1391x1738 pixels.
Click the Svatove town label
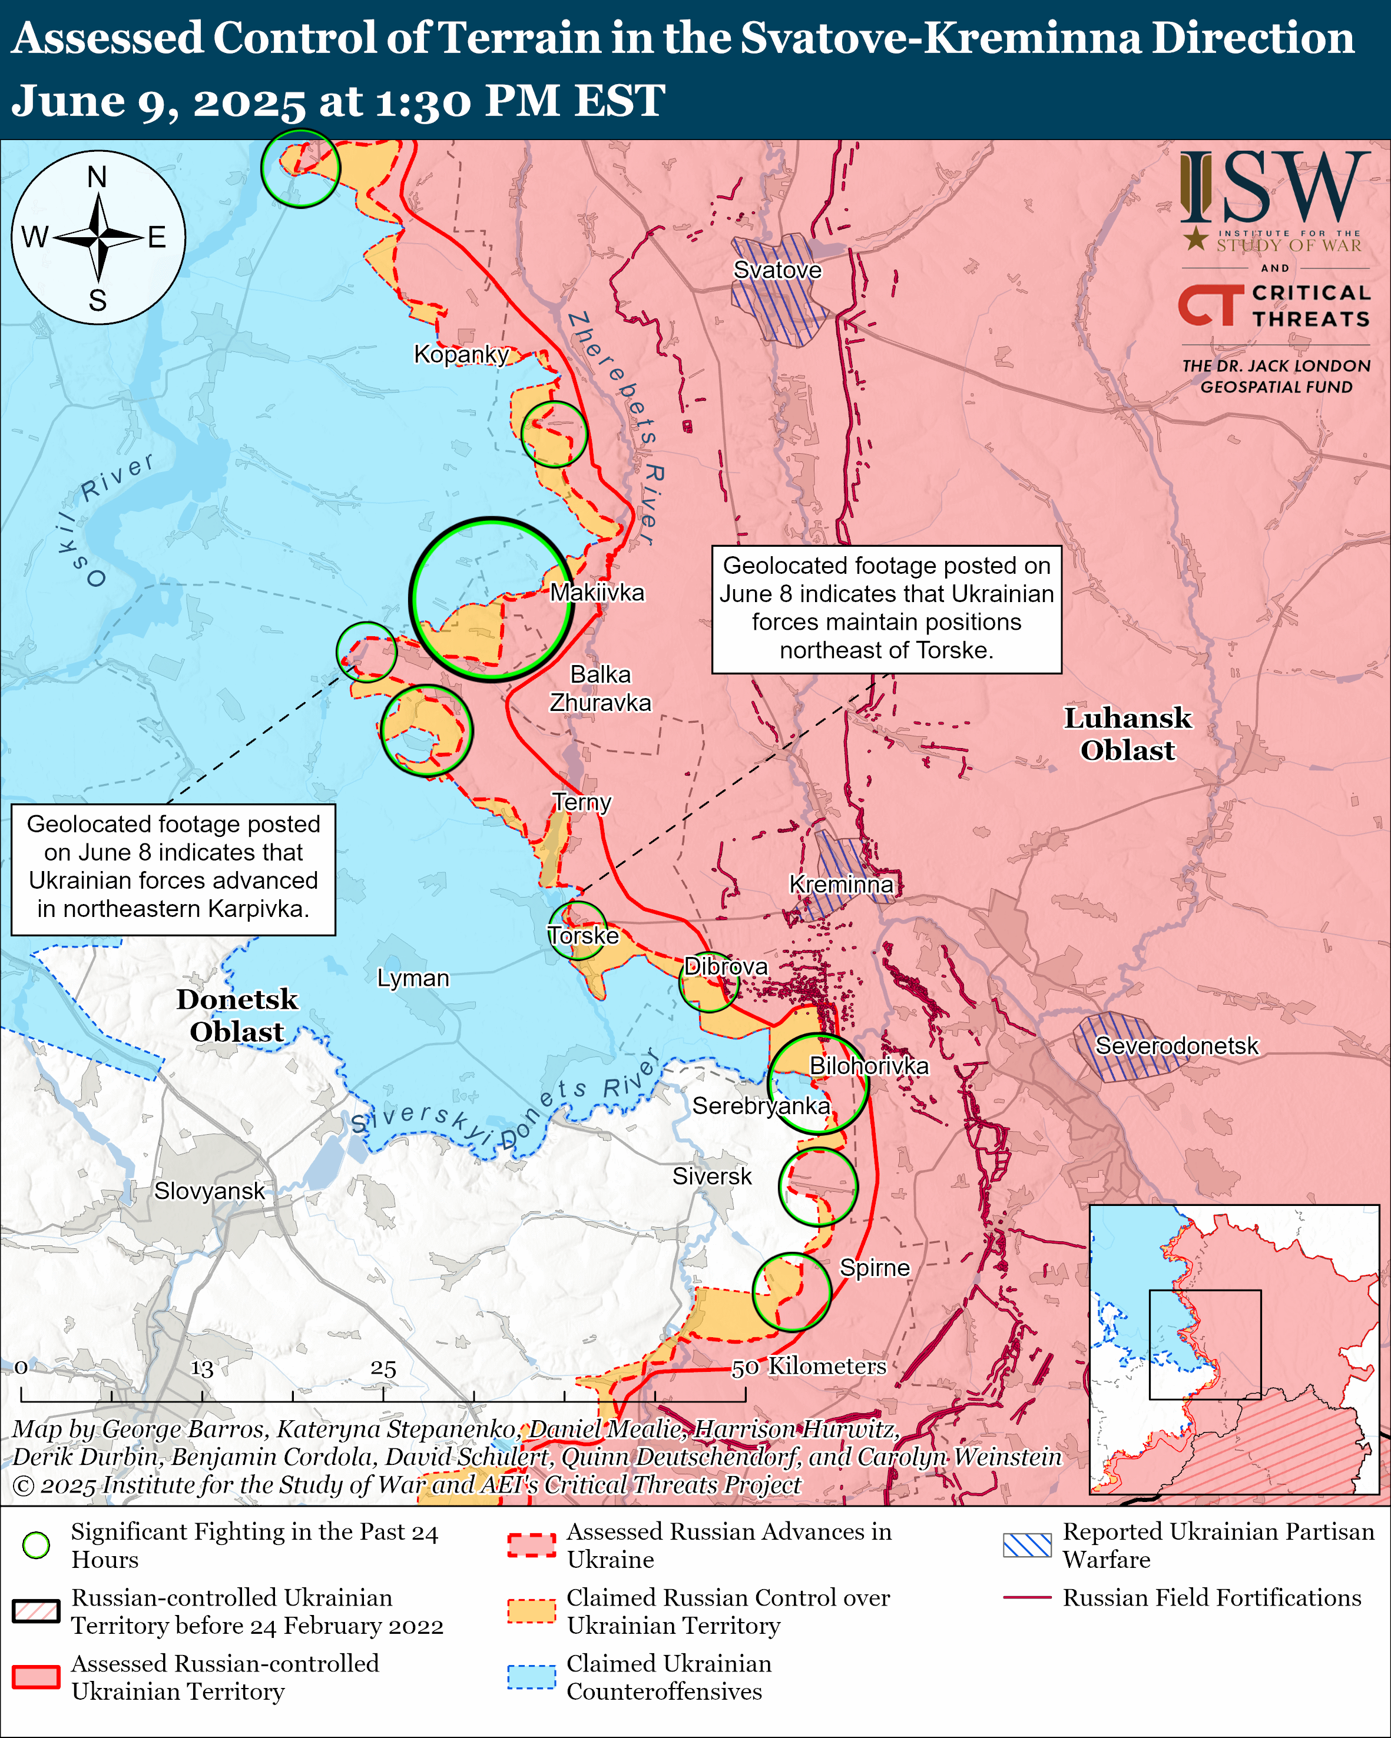777,270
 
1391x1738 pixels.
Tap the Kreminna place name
840,885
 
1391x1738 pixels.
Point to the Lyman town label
413,978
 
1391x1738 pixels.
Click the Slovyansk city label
209,1191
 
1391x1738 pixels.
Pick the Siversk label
711,1176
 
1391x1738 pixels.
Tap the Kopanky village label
461,354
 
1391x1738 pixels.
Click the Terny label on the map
581,802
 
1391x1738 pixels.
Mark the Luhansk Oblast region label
1127,733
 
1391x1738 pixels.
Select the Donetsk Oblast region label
237,1015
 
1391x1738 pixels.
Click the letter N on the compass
97,177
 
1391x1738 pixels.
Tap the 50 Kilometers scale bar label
809,1365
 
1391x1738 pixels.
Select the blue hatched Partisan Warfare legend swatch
1026,1544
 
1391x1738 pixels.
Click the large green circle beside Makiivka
491,600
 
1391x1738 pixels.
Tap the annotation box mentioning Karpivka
173,869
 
